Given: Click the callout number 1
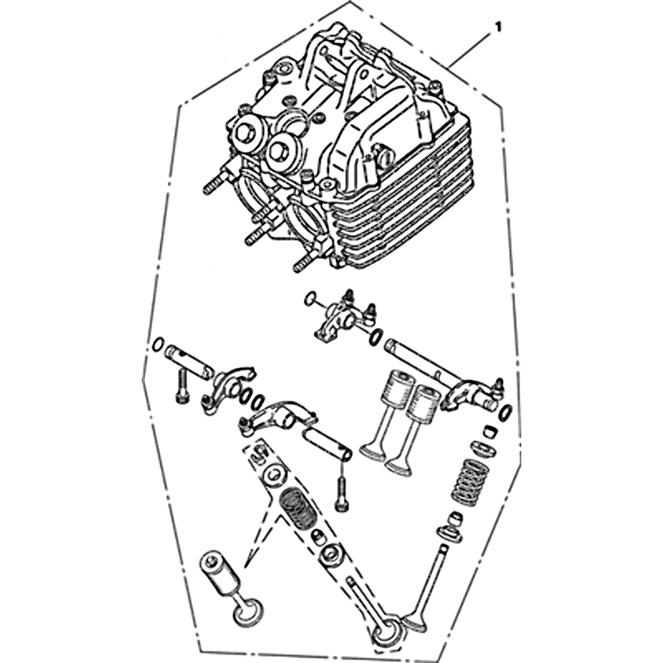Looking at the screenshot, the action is [x=498, y=27].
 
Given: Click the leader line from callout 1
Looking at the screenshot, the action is [x=469, y=50].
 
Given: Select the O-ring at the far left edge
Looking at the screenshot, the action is [x=157, y=345].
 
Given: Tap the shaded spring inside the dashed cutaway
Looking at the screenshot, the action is [x=298, y=509].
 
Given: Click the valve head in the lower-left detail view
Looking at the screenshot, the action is [x=247, y=611].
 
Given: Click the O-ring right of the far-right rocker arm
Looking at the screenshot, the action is [x=506, y=412].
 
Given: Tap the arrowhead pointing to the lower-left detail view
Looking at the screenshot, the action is [x=247, y=560].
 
